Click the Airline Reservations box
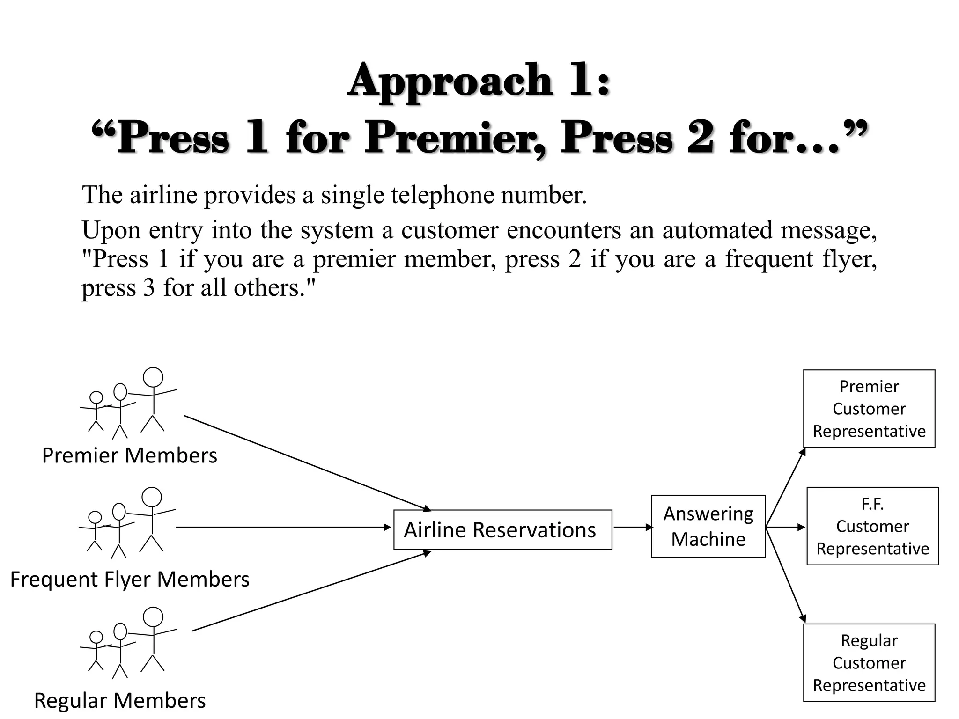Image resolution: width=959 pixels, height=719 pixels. pyautogui.click(x=502, y=529)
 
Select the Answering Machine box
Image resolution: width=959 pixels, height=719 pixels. pyautogui.click(x=708, y=526)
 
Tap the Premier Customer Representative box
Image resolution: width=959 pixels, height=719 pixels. pyautogui.click(x=869, y=409)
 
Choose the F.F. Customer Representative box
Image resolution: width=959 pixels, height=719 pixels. pyautogui.click(x=872, y=526)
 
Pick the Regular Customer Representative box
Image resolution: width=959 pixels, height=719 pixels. pyautogui.click(x=869, y=663)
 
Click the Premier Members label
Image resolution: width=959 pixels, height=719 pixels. pyautogui.click(x=130, y=455)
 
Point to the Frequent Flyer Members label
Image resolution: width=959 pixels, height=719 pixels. pyautogui.click(x=130, y=580)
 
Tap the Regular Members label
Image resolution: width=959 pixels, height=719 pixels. pyautogui.click(x=120, y=701)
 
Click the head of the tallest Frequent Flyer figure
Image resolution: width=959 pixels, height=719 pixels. pyautogui.click(x=152, y=497)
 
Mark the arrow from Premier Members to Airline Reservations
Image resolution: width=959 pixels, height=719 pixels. pyautogui.click(x=307, y=462)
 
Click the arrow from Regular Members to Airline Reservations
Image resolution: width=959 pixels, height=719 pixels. pyautogui.click(x=311, y=592)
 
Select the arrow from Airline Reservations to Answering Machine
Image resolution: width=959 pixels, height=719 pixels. pyautogui.click(x=632, y=528)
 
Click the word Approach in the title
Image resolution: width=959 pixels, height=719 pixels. pyautogui.click(x=450, y=81)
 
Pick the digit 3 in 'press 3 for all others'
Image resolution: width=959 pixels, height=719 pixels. pyautogui.click(x=148, y=288)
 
